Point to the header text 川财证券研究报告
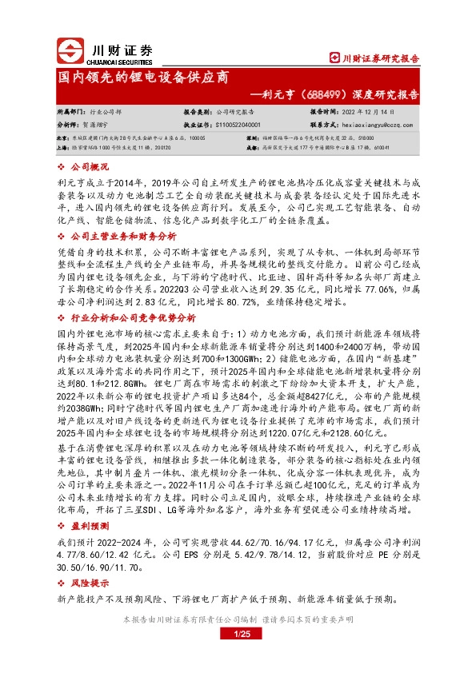point(380,58)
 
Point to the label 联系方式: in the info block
point(324,125)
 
